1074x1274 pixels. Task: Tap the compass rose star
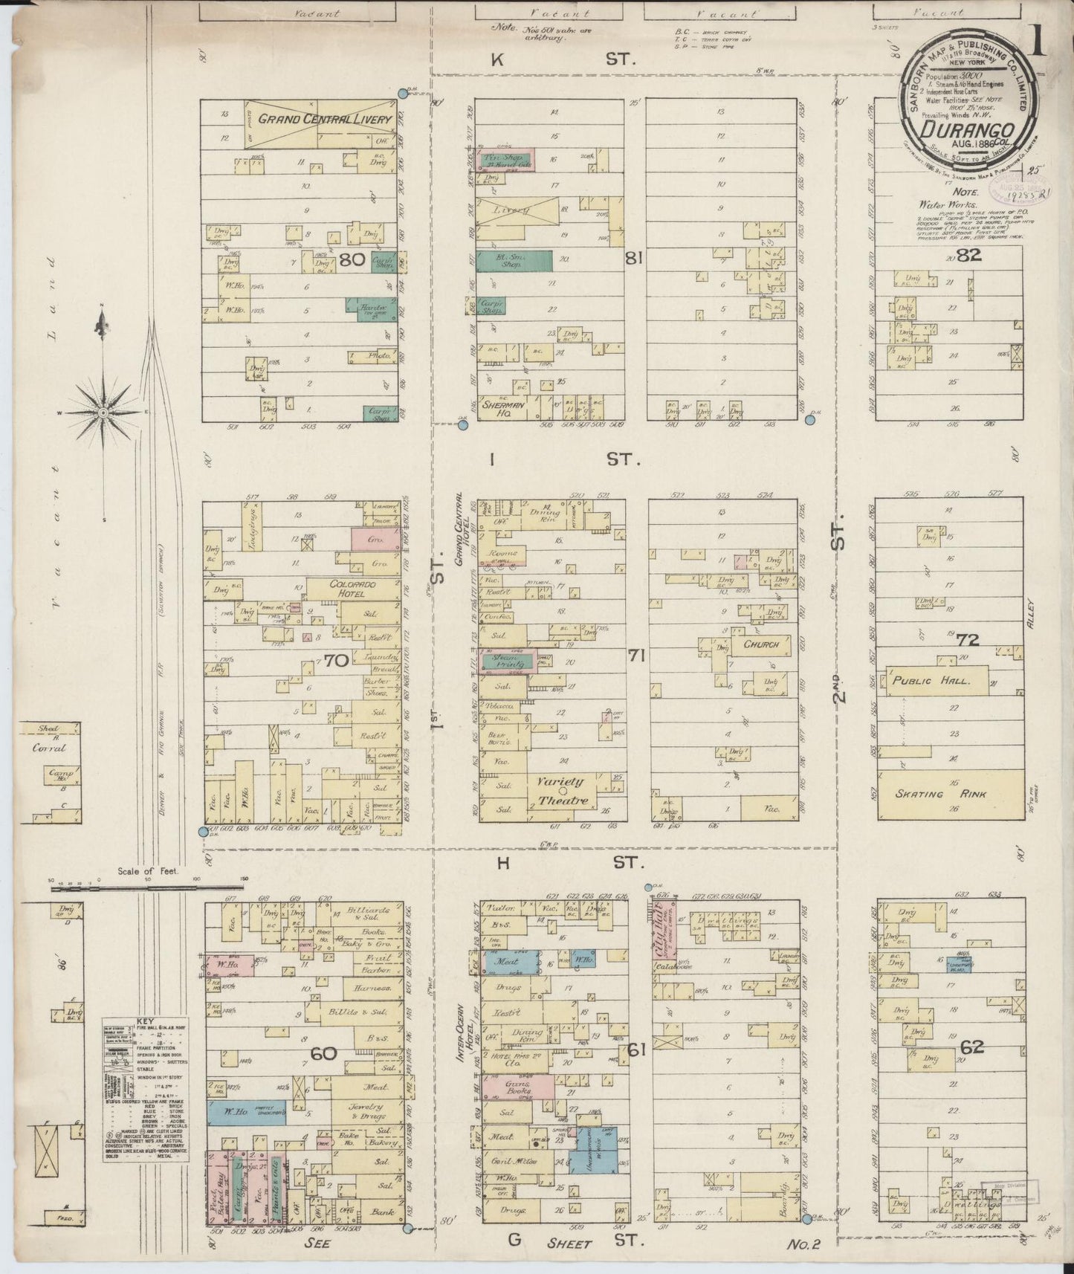click(103, 410)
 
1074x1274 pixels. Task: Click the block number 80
click(352, 260)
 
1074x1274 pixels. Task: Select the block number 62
click(971, 1047)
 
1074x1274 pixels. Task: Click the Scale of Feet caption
click(148, 871)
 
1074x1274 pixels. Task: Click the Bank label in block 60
click(383, 1212)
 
